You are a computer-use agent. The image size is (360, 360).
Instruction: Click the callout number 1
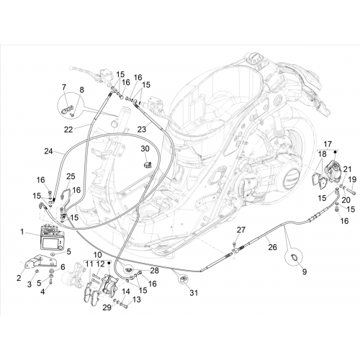pos(22,232)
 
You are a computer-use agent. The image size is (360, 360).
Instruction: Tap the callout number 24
pos(48,151)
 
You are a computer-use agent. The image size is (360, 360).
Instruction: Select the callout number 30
pos(145,149)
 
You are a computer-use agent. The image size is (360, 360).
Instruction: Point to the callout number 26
pos(272,247)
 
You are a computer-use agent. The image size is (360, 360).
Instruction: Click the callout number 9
pos(305,272)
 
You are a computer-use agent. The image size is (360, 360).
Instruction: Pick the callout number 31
pos(194,292)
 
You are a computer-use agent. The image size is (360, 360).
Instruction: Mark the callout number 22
pos(68,130)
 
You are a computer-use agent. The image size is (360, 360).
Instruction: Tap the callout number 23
pos(142,130)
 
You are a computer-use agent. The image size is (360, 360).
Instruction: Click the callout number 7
pos(64,87)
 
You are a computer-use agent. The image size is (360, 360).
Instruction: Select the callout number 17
pos(328,144)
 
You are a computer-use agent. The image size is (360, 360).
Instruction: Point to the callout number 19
pos(352,179)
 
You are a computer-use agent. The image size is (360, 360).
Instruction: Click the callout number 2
pos(19,278)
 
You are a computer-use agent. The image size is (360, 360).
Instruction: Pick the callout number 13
pos(136,300)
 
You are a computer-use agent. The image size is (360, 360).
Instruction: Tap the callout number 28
pos(154,271)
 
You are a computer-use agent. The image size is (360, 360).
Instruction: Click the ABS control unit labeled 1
pos(52,237)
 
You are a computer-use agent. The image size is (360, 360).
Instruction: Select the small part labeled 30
pos(147,165)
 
